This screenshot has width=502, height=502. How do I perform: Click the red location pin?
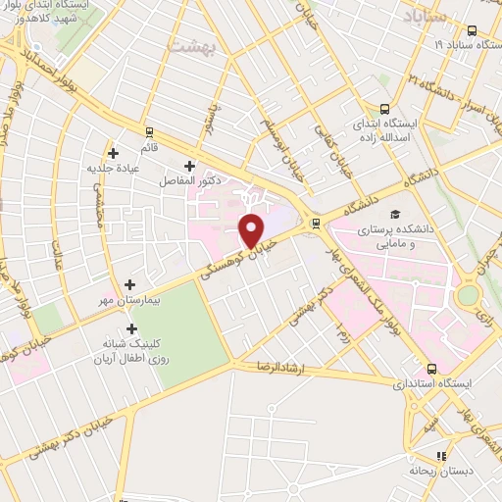(x=252, y=230)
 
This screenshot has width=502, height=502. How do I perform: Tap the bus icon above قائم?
(x=149, y=130)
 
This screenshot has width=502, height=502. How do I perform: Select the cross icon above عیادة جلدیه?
(x=114, y=153)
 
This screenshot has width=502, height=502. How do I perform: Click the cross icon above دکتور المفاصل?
(x=190, y=166)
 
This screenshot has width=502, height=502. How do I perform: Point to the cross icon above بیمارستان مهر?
(x=129, y=284)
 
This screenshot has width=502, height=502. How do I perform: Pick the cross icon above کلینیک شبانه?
(x=133, y=328)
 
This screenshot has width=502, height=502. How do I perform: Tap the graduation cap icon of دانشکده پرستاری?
(x=395, y=214)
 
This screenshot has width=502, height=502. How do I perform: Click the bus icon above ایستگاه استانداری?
(x=432, y=369)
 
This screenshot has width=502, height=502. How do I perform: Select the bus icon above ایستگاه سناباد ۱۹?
(x=472, y=30)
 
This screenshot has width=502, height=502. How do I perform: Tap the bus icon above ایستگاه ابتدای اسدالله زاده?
(x=385, y=110)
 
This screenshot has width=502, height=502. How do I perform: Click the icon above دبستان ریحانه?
(x=440, y=455)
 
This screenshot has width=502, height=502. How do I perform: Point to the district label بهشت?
(x=189, y=46)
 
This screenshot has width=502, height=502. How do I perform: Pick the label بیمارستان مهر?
(x=125, y=301)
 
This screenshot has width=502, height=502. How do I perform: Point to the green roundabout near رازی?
(x=470, y=295)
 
